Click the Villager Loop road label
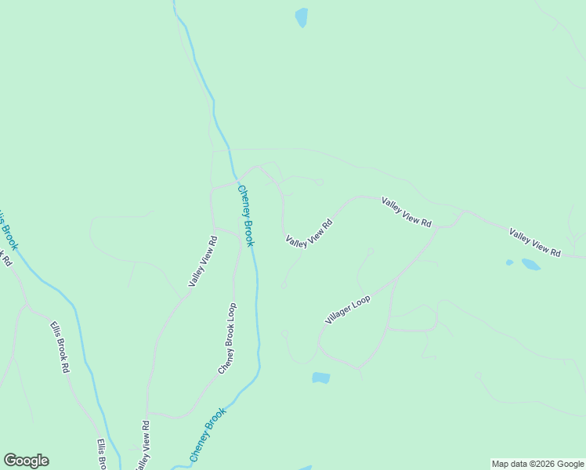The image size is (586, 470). [x=348, y=309]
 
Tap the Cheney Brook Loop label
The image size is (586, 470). [x=226, y=338]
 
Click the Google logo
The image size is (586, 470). [x=26, y=461]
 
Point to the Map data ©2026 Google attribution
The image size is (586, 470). [x=537, y=464]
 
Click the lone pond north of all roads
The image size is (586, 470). [x=301, y=17]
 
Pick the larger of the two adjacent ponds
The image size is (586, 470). [x=530, y=265]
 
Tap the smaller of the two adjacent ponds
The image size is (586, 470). [x=509, y=262]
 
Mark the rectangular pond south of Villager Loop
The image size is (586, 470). [x=320, y=378]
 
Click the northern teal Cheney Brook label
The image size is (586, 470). [x=246, y=215]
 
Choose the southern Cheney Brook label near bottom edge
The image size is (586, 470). [x=208, y=433]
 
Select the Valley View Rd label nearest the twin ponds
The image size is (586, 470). [x=535, y=243]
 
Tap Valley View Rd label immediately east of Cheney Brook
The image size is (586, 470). [x=309, y=233]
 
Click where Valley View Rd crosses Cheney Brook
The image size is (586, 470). [x=235, y=180]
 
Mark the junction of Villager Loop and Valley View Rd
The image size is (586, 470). [x=437, y=228]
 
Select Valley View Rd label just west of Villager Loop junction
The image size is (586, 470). [x=406, y=212]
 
